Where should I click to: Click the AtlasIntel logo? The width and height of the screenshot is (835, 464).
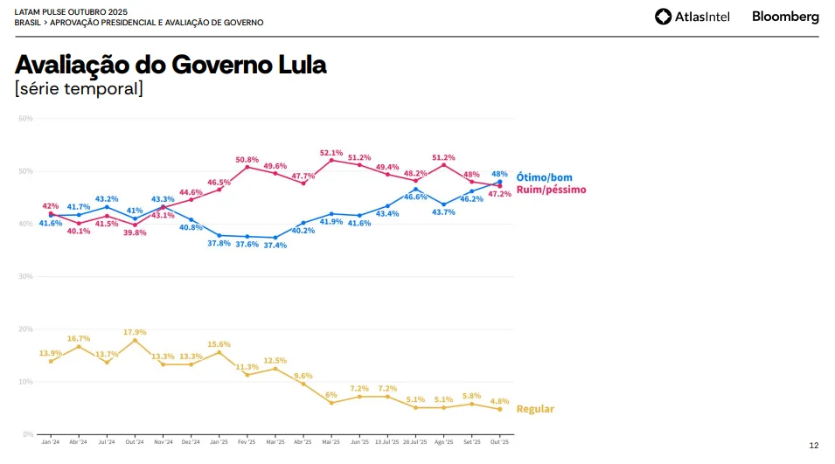coord(694,16)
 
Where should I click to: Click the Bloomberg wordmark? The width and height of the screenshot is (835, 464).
coord(785,16)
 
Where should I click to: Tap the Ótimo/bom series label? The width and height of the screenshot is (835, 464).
coord(544,177)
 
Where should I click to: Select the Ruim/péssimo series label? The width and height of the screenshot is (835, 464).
coord(551,189)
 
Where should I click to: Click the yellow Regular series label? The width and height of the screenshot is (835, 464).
coord(535,409)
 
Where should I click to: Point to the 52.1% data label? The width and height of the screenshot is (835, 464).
coord(331,152)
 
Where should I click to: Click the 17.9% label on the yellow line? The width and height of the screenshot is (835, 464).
coord(135,332)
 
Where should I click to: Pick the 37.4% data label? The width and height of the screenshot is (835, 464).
coord(275,246)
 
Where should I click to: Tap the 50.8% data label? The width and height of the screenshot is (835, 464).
coord(247,160)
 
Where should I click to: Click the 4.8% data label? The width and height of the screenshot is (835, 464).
coord(499,401)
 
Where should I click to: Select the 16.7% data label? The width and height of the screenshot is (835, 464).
coord(79,338)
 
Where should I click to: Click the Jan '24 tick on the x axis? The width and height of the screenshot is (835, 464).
coord(51,442)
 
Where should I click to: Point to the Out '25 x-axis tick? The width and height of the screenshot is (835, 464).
coord(499,442)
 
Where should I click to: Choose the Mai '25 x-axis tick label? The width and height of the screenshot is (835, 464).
coord(331,442)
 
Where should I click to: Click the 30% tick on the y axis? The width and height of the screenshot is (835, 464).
coord(25,276)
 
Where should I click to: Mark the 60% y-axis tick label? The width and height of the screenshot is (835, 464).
coord(25,118)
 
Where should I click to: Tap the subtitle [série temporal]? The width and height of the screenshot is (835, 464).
coord(79,88)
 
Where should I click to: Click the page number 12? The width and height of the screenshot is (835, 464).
coord(813,446)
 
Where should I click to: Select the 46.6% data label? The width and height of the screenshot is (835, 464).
coord(415,197)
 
